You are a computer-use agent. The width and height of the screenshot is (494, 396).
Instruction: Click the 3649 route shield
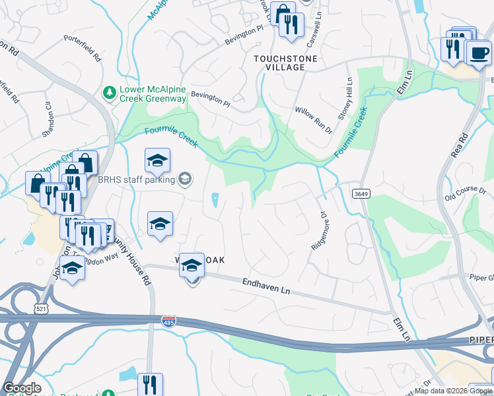coord(361,193)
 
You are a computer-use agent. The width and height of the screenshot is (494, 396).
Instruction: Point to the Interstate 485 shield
coord(168,321)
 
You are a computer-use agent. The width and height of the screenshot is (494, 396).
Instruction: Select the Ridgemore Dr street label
coord(319,230)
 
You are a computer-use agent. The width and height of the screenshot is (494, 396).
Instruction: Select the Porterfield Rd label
coord(83,48)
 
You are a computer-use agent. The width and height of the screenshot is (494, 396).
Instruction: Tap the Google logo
coord(22,388)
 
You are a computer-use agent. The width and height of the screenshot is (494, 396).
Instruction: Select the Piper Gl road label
coord(480,278)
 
